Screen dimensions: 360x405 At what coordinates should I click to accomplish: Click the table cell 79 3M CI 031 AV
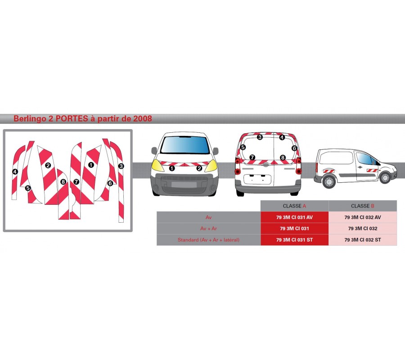[295, 217]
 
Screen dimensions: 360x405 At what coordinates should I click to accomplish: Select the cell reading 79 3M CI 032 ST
[363, 240]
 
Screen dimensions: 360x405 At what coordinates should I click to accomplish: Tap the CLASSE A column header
[295, 206]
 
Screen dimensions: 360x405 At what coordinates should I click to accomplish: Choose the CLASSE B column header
[363, 206]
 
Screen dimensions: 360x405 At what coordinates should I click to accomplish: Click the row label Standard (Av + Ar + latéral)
[208, 240]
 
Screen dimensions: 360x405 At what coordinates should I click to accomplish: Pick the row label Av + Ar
[208, 229]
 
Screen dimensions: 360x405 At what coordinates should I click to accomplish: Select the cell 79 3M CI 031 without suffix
[295, 229]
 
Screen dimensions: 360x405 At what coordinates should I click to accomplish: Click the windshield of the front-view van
[184, 145]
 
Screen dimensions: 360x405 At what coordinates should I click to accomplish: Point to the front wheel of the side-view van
[385, 178]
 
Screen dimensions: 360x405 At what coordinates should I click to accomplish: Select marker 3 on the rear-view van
[260, 137]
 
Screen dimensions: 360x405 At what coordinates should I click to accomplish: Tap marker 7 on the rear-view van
[252, 157]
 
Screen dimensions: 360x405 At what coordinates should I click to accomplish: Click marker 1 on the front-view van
[172, 168]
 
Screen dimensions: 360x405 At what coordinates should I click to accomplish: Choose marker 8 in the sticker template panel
[63, 182]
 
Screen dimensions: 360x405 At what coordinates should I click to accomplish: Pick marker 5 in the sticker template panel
[28, 188]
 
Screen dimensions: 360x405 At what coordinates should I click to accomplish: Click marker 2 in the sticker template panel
[48, 165]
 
